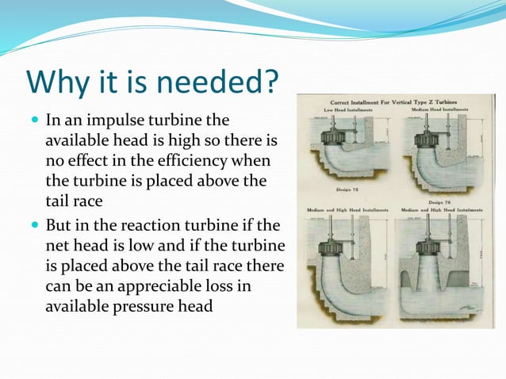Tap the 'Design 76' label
438,201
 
